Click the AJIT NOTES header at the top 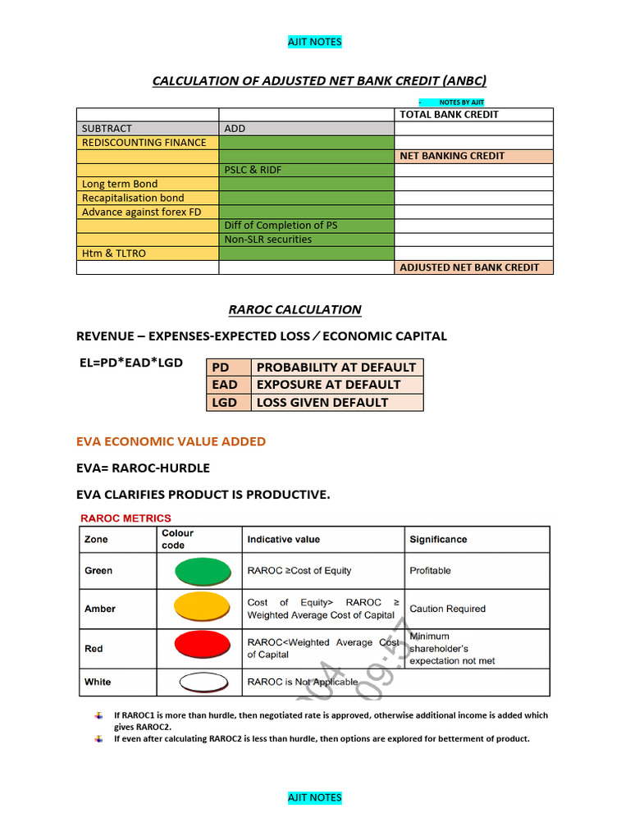[315, 42]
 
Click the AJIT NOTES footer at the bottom [315, 797]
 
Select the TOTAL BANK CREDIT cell [449, 115]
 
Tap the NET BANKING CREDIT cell [452, 156]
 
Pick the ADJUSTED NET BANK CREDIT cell [469, 267]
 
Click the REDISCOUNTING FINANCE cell [144, 143]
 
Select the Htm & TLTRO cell [114, 253]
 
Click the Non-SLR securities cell [267, 240]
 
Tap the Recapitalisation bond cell [133, 198]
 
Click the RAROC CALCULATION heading [294, 309]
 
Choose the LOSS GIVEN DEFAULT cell [322, 403]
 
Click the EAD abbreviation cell [225, 385]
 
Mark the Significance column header [438, 540]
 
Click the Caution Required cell [447, 609]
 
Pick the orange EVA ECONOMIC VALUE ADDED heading [171, 441]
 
